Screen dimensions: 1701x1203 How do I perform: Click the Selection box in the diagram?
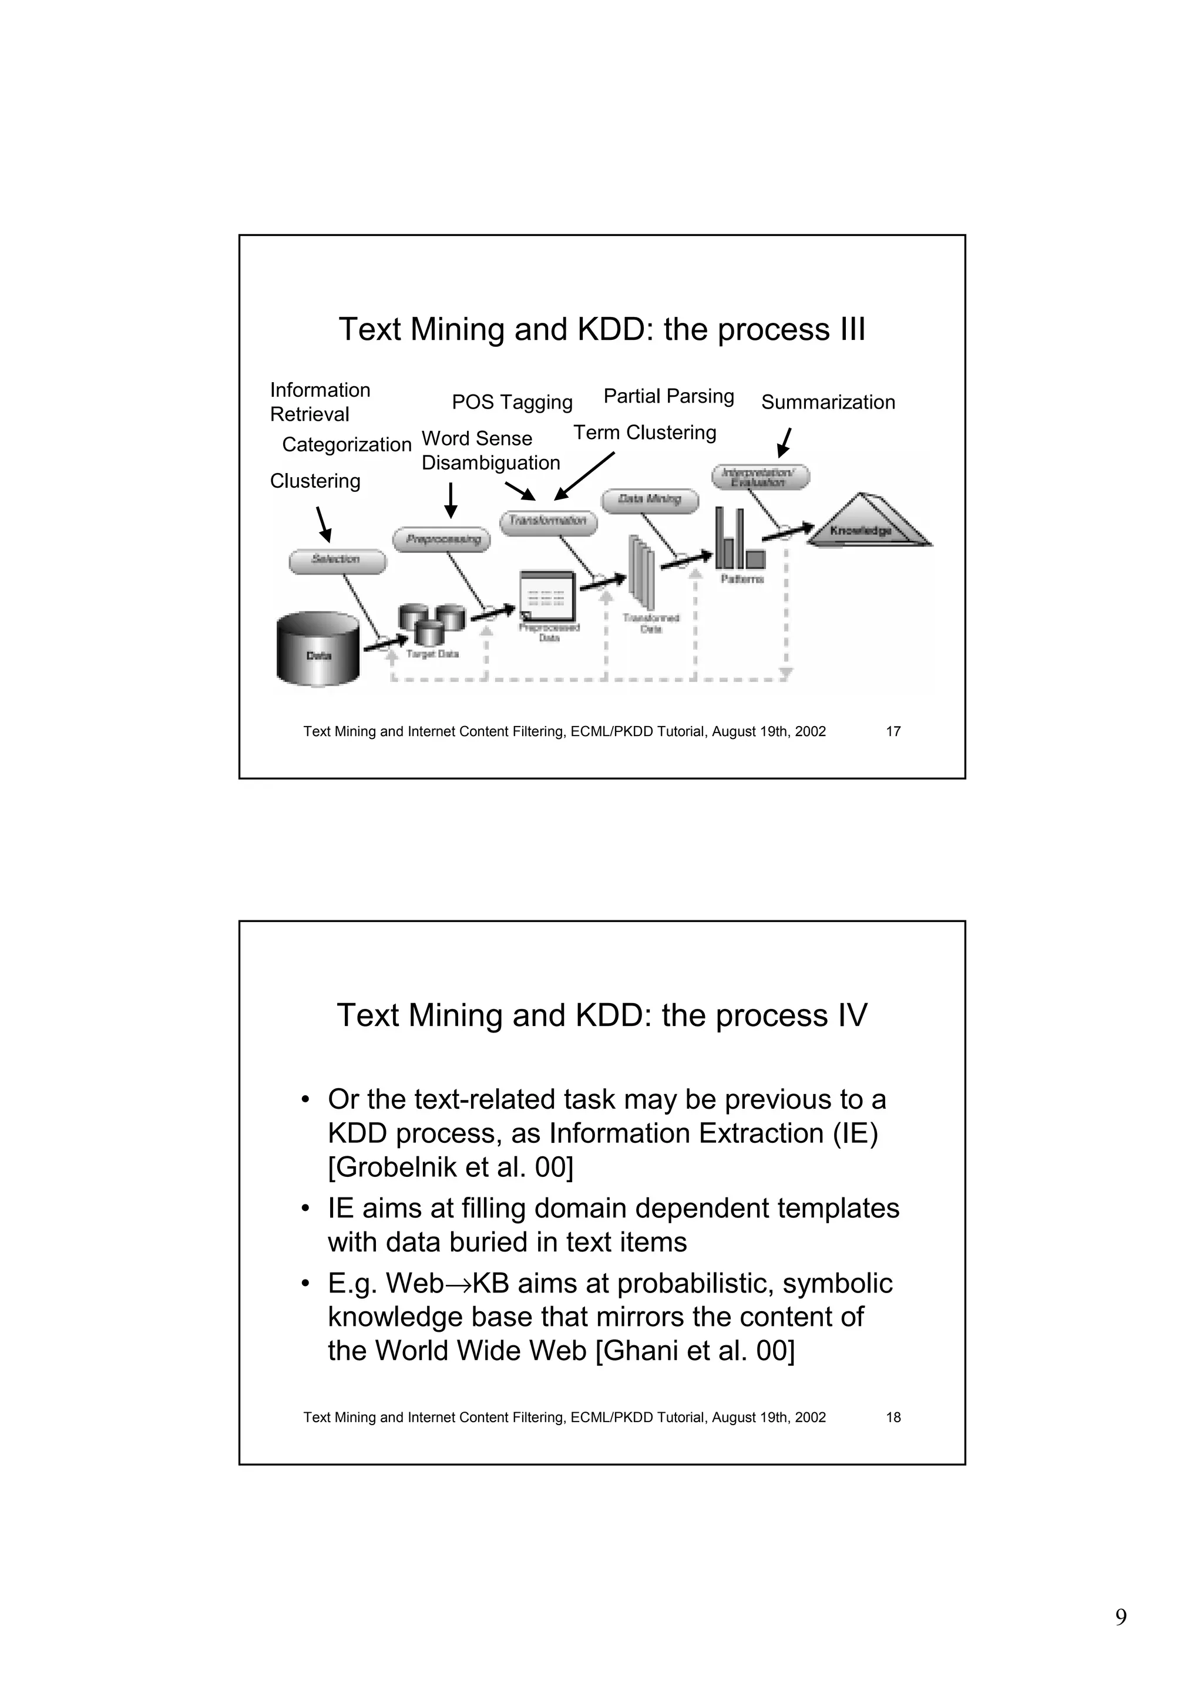click(337, 561)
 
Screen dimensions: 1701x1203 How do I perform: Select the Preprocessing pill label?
click(442, 539)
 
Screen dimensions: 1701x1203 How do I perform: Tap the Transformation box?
click(549, 522)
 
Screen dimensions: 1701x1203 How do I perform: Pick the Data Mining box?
click(649, 500)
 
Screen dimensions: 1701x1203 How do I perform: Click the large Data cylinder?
click(318, 649)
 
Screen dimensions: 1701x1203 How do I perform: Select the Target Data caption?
click(432, 654)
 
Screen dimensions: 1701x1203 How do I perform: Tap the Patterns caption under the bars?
click(742, 579)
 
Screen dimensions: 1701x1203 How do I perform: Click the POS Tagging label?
click(512, 402)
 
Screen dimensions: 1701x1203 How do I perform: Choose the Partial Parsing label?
click(668, 396)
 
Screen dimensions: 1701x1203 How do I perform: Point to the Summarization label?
click(828, 402)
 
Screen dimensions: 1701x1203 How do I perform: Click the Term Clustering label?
click(644, 433)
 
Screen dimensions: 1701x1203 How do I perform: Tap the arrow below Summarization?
click(784, 443)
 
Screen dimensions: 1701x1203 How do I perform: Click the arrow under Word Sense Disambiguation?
click(451, 500)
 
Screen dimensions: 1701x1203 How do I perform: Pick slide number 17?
click(893, 732)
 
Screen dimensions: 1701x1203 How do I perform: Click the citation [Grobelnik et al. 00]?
click(451, 1167)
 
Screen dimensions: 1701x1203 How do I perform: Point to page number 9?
click(1121, 1617)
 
